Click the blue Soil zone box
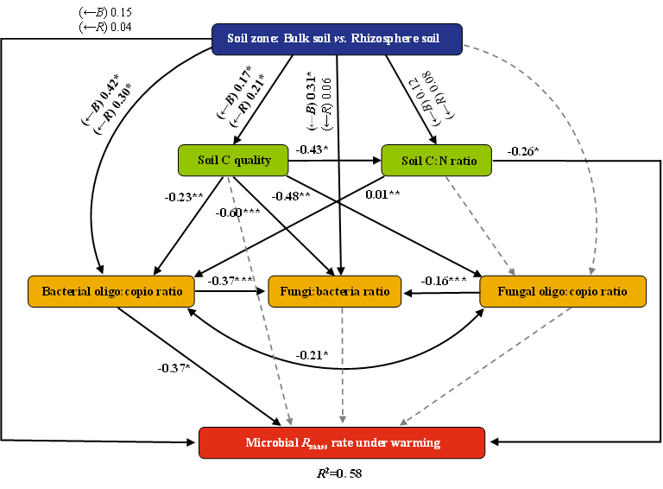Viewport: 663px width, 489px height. pos(337,39)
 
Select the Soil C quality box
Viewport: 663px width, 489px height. pos(233,161)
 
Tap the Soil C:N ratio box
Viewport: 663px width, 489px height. pos(436,161)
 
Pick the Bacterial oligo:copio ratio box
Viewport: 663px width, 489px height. pos(111,291)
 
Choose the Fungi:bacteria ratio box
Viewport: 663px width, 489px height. pos(335,291)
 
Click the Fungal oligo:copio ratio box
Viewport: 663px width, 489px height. pos(563,291)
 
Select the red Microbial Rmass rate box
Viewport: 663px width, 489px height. pos(342,442)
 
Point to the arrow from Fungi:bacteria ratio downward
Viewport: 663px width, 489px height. pos(343,363)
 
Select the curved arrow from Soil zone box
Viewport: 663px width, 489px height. pos(573,130)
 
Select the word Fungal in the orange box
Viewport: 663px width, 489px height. pos(516,291)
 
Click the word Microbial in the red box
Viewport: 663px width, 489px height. pos(271,443)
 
